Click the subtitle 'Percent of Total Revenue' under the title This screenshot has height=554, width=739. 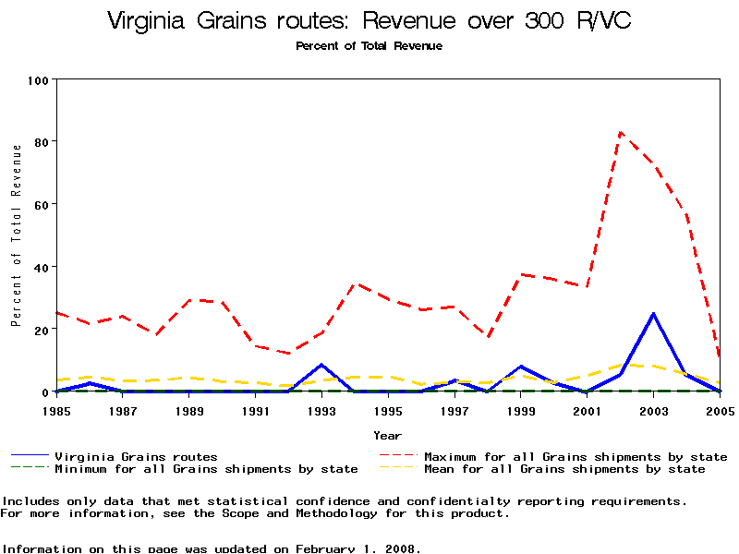pyautogui.click(x=369, y=46)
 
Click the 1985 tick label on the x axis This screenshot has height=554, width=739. pyautogui.click(x=56, y=411)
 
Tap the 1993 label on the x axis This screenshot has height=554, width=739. pyautogui.click(x=321, y=411)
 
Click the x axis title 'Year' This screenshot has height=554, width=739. pyautogui.click(x=387, y=435)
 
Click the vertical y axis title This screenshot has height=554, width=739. pyautogui.click(x=16, y=235)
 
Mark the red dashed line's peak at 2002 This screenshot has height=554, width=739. pyautogui.click(x=620, y=132)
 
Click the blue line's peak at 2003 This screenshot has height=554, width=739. pyautogui.click(x=653, y=314)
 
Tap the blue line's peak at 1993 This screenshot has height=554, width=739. pyautogui.click(x=321, y=365)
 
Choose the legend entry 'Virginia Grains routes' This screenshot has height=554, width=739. pyautogui.click(x=136, y=456)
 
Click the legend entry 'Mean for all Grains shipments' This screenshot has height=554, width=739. pyautogui.click(x=564, y=469)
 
